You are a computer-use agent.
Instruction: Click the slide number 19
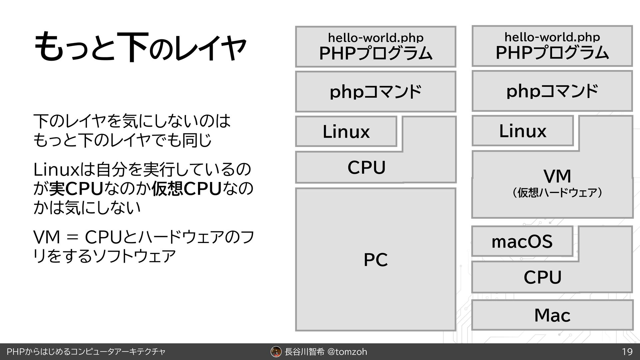point(627,352)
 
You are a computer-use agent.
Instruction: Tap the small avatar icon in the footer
point(276,352)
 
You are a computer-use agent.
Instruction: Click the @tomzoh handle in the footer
point(347,352)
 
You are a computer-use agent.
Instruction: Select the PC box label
point(376,260)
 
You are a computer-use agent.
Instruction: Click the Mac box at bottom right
point(552,315)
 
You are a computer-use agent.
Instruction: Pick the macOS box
point(522,241)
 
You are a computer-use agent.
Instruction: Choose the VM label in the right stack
point(557,176)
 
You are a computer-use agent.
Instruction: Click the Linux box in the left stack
point(346,132)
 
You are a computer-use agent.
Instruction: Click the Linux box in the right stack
point(522,131)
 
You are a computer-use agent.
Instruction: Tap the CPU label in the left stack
point(366,167)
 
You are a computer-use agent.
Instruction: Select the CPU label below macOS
point(542,277)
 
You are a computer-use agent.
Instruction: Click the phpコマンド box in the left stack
point(375,92)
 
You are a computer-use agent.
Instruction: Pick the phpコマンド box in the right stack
point(552,91)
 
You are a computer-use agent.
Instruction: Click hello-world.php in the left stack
point(376,38)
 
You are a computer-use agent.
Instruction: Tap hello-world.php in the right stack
point(552,37)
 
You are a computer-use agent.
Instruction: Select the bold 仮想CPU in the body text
point(186,189)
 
